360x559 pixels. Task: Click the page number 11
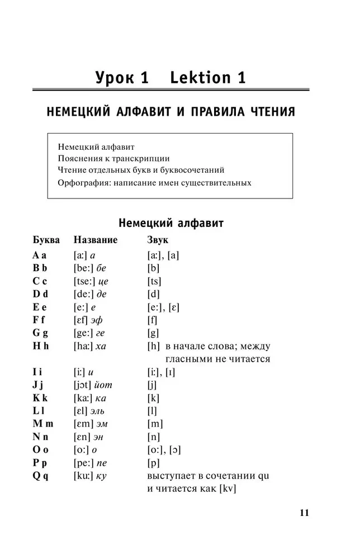304,513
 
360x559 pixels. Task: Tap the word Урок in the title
122,78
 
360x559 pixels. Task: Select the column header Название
96,240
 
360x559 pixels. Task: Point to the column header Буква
46,240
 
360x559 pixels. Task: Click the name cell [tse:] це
91,281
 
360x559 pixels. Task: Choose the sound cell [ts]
154,281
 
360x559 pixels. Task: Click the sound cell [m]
155,424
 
